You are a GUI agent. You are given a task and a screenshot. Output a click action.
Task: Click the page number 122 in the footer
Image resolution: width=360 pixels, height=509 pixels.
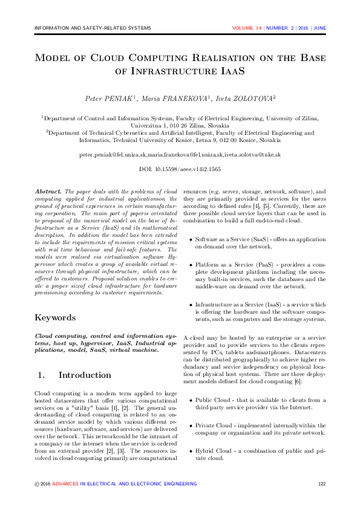pyautogui.click(x=322, y=484)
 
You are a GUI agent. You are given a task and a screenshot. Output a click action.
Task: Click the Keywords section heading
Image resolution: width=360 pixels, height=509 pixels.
pyautogui.click(x=56, y=317)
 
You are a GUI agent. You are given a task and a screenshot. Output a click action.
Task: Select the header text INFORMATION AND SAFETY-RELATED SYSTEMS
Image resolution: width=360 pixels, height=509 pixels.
pyautogui.click(x=93, y=28)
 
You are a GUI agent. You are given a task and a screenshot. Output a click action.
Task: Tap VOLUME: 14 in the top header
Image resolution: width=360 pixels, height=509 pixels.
pyautogui.click(x=247, y=28)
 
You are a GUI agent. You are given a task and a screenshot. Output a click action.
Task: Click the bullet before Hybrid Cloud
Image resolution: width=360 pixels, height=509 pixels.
pyautogui.click(x=190, y=451)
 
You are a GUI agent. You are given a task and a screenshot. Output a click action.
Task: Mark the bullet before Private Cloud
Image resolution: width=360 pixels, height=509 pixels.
pyautogui.click(x=190, y=426)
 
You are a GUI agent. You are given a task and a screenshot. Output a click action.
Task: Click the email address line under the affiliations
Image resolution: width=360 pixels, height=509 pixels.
pyautogui.click(x=180, y=155)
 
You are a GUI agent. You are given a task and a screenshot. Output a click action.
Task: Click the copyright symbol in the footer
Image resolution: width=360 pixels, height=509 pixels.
pyautogui.click(x=37, y=484)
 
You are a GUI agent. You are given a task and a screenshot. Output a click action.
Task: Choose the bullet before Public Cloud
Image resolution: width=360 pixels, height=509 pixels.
pyautogui.click(x=190, y=400)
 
